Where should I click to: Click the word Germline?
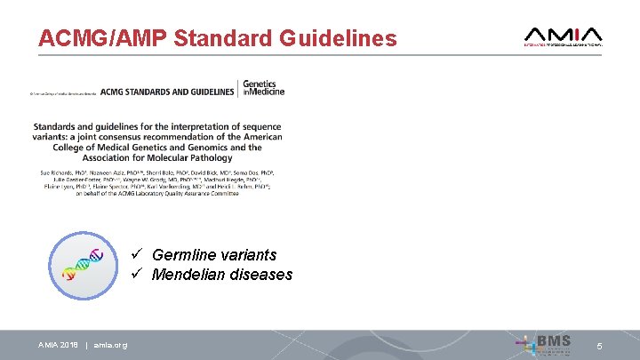click(x=183, y=255)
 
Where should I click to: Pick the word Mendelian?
click(x=188, y=275)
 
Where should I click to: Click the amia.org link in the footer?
click(x=110, y=345)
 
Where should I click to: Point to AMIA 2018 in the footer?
click(x=58, y=345)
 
